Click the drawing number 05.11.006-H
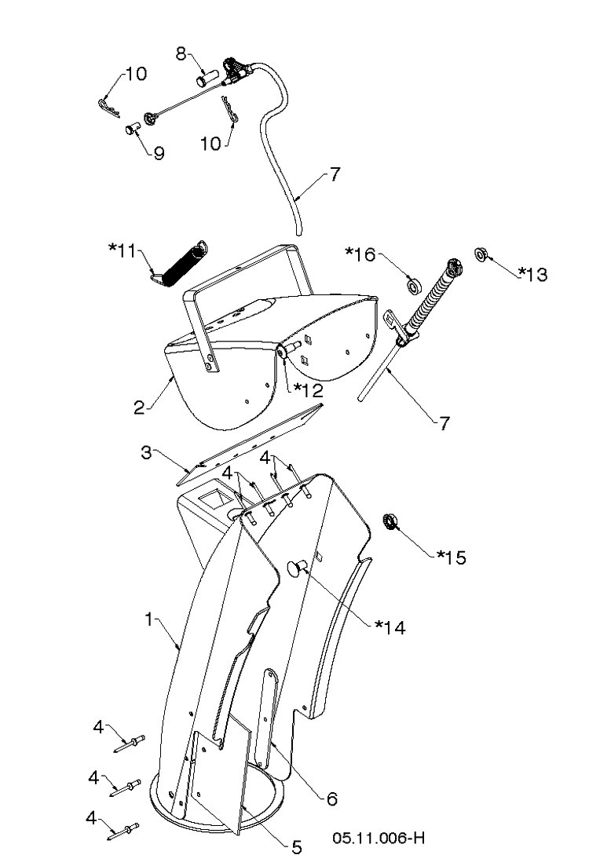coord(379,837)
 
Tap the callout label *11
coord(123,251)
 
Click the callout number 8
coord(181,53)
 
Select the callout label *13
coord(532,274)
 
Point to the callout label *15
coord(452,557)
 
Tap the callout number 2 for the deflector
coord(140,407)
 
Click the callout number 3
coord(147,452)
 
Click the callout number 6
coord(331,798)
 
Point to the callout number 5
coord(297,846)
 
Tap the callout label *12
coord(308,390)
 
